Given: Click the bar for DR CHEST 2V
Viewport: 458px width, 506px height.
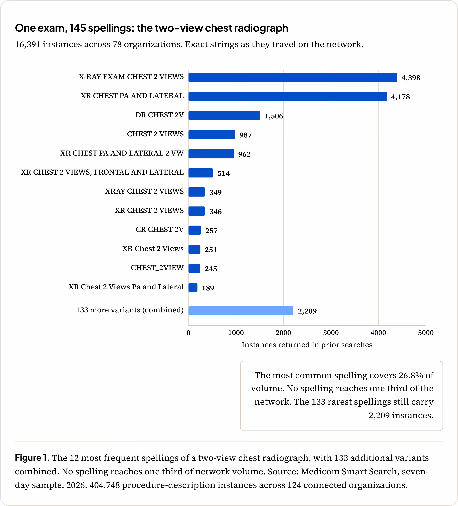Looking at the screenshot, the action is click(x=224, y=116).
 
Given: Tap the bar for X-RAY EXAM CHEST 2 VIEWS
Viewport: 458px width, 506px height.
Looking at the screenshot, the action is click(x=293, y=77).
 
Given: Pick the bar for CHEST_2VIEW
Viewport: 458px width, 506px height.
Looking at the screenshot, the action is click(x=194, y=268).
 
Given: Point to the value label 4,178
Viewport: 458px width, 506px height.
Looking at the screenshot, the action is click(x=400, y=97).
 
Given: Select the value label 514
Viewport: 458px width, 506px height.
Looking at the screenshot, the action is click(x=224, y=173).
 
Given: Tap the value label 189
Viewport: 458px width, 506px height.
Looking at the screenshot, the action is click(x=208, y=288).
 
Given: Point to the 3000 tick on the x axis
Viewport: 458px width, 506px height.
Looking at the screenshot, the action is click(x=331, y=333).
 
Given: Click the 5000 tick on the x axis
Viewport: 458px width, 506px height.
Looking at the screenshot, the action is click(x=426, y=333).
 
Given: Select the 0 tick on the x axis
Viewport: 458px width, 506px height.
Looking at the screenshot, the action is click(x=188, y=333).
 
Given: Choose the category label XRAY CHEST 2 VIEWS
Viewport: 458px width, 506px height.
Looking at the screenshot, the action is click(x=144, y=191).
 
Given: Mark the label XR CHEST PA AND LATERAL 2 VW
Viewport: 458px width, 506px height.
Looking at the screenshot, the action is click(x=122, y=153).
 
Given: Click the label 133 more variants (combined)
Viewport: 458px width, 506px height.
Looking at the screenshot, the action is click(x=130, y=310).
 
